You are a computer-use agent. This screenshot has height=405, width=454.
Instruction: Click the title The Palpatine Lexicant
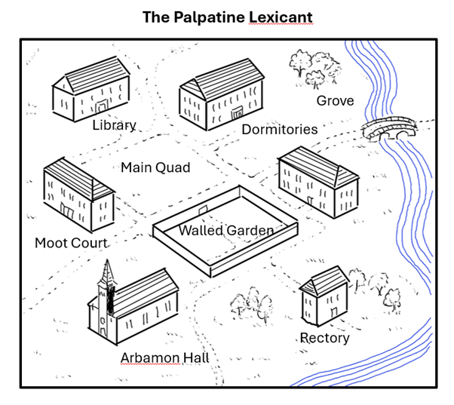[227, 17]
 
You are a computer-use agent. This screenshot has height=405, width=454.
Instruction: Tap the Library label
[114, 125]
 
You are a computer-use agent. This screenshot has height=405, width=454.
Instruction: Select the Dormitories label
[279, 129]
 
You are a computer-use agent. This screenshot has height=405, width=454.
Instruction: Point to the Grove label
[335, 100]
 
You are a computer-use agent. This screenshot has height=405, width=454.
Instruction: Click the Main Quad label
[155, 167]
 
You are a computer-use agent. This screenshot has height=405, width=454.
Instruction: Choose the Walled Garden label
[225, 230]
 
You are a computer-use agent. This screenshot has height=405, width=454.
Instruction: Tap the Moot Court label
[71, 243]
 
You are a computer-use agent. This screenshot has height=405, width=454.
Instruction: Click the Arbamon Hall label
[164, 357]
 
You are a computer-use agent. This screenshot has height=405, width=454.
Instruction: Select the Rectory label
[324, 337]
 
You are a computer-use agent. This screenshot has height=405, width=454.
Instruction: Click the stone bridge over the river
[389, 129]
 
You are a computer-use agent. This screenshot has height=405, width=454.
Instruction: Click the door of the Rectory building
[333, 312]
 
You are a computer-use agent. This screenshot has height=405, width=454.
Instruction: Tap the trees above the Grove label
[313, 67]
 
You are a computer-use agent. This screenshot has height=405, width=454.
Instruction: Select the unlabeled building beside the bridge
[317, 179]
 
